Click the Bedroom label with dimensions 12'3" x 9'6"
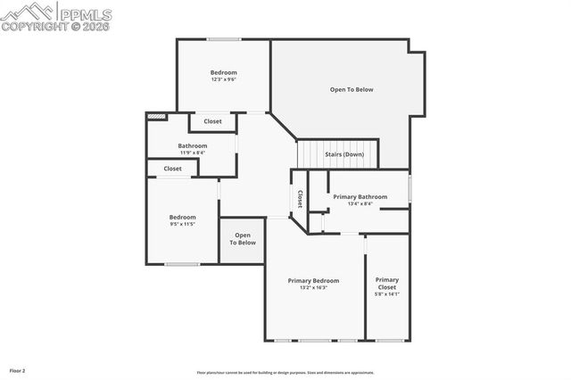224,76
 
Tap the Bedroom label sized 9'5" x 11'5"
183,220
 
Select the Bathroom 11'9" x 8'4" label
192,149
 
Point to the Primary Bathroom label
360,200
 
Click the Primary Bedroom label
313,284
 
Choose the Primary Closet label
387,284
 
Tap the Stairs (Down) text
343,154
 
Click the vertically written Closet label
300,198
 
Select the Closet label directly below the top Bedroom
213,121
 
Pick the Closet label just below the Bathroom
172,169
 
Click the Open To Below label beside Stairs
352,89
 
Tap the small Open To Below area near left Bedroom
242,239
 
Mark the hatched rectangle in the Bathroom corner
157,116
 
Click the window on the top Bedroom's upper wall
224,38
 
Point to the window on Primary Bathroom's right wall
410,189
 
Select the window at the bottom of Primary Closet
387,341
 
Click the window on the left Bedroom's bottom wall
182,264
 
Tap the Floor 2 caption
17,370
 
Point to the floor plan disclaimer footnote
285,373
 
